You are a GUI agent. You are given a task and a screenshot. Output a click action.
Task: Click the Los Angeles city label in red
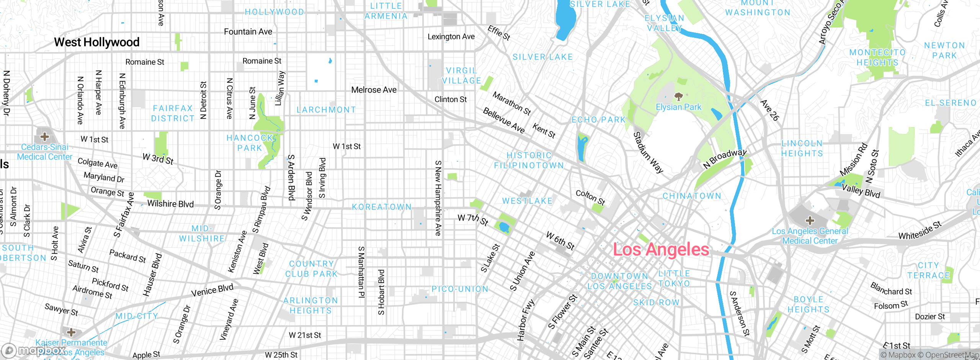(661, 250)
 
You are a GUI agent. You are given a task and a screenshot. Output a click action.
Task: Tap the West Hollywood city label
(96, 42)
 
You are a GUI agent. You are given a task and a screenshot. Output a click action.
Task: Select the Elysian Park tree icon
(678, 96)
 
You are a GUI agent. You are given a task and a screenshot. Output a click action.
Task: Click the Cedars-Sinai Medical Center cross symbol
(44, 136)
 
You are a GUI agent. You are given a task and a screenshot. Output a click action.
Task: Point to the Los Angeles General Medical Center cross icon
(810, 220)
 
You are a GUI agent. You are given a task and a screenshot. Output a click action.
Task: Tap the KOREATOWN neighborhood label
(382, 207)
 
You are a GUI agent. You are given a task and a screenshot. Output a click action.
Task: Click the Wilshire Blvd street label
(170, 204)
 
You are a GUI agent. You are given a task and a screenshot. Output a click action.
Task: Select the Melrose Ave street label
(374, 90)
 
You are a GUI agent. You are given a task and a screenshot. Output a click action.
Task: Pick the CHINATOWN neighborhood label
(692, 196)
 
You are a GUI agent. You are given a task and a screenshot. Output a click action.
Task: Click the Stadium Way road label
(648, 152)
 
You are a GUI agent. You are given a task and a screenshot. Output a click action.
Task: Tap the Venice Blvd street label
(212, 290)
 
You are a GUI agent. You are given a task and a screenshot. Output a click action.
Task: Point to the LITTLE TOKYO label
(674, 278)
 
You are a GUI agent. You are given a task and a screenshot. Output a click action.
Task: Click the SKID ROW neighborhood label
(656, 303)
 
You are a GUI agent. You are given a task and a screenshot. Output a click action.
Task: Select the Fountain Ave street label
(248, 32)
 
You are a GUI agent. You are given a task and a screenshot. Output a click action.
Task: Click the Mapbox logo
(34, 350)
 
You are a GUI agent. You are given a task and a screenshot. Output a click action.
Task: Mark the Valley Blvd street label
(861, 191)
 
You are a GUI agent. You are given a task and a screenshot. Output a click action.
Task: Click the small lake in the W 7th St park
(504, 227)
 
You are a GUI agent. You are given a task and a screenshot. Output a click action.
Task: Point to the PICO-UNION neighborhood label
(460, 289)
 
